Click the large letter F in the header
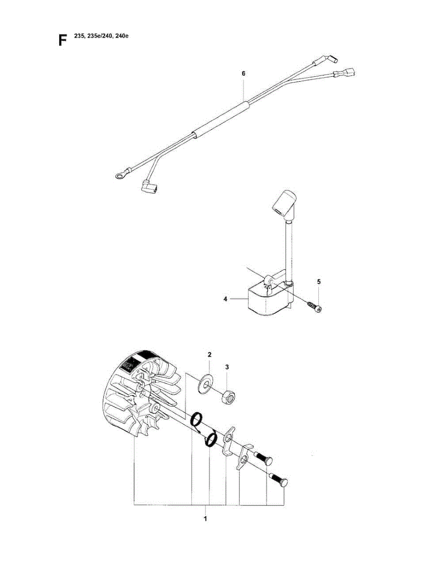point(62,40)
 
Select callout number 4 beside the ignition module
point(225,299)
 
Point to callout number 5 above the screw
point(319,282)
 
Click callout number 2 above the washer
point(209,354)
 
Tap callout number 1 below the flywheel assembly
point(205,518)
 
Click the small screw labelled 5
point(314,306)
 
